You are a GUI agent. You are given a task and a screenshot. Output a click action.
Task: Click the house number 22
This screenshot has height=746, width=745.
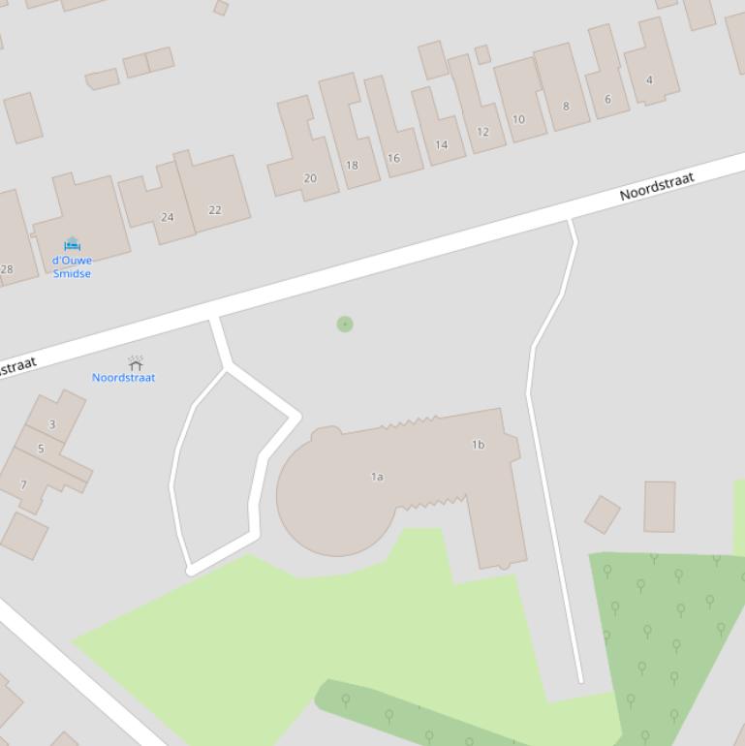tap(215, 209)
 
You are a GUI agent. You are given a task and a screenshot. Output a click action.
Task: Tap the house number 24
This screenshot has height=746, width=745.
tap(168, 217)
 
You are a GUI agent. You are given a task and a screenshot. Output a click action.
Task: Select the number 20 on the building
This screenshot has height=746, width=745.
tap(310, 178)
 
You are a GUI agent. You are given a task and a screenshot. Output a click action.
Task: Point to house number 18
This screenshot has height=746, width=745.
tap(352, 165)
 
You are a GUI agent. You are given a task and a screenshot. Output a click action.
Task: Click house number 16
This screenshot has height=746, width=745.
tap(393, 158)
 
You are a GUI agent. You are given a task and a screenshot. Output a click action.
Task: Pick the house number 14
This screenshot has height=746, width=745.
tap(442, 145)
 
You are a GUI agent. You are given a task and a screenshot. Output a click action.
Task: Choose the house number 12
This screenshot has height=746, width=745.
tap(482, 132)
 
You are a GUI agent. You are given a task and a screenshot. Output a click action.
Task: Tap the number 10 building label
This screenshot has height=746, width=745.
tap(518, 119)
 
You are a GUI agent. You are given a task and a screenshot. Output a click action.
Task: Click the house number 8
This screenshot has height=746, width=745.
tap(566, 106)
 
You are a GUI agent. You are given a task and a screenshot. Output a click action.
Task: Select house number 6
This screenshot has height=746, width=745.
tap(607, 99)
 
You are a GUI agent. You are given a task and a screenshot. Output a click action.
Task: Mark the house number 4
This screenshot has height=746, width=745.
tap(649, 79)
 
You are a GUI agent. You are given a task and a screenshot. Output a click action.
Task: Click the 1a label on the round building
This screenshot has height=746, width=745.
tap(377, 477)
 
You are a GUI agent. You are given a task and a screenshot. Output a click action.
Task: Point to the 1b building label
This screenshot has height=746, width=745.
tap(478, 445)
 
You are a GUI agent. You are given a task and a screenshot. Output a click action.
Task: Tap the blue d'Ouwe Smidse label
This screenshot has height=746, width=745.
tap(72, 266)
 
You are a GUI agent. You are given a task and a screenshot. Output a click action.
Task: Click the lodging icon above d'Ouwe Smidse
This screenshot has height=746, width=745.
tap(72, 244)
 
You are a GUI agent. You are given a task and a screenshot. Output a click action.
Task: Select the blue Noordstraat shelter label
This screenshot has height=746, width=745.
tap(123, 378)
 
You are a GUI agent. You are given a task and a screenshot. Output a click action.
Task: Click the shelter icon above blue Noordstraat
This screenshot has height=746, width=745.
tap(136, 363)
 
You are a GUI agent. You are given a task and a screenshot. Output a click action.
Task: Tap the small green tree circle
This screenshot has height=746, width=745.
tap(345, 324)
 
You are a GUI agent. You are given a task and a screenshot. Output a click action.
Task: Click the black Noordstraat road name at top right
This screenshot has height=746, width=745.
tap(657, 186)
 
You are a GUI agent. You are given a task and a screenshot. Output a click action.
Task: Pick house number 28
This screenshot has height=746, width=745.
tap(7, 269)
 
